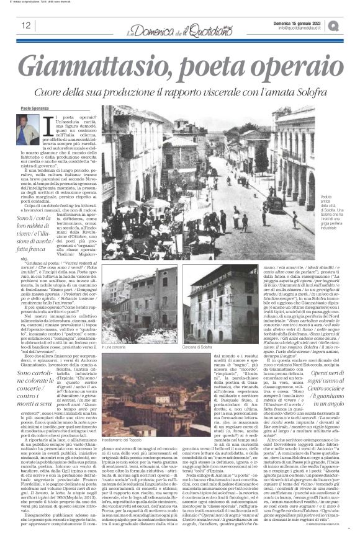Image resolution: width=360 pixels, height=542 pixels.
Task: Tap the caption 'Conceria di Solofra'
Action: click(x=179, y=347)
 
